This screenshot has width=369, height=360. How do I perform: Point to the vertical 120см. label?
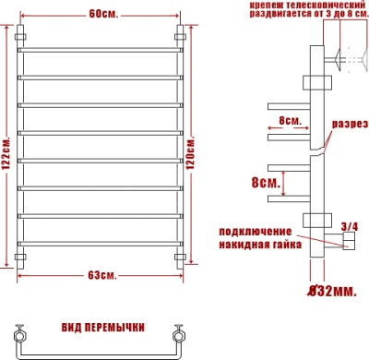click(190, 154)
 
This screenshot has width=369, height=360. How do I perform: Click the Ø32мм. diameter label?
click(332, 291)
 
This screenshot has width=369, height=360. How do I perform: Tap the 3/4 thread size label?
click(350, 227)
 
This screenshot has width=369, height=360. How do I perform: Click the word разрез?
click(350, 124)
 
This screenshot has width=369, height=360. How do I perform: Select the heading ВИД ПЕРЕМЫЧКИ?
click(103, 328)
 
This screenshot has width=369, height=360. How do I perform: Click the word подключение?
click(255, 232)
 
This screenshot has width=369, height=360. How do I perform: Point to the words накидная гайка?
click(260, 245)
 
